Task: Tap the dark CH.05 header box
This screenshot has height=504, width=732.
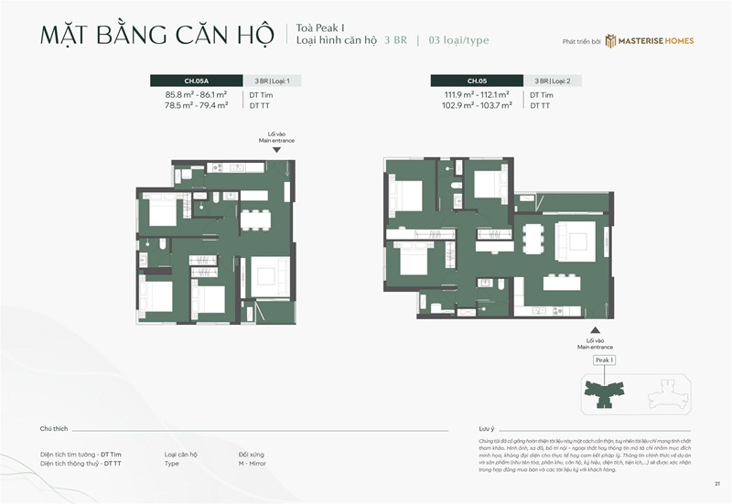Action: (x=476, y=80)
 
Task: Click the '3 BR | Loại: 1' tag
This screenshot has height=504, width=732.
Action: (x=272, y=80)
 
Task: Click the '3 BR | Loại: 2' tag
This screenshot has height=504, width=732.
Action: (x=553, y=80)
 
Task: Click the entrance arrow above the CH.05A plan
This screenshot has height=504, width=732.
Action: (x=276, y=149)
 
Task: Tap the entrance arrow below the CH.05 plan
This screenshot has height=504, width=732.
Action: (x=595, y=330)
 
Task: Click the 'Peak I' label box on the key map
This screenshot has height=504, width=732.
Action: (x=605, y=360)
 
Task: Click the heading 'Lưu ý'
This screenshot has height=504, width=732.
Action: (x=487, y=428)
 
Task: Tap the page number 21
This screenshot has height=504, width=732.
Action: (x=716, y=484)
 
